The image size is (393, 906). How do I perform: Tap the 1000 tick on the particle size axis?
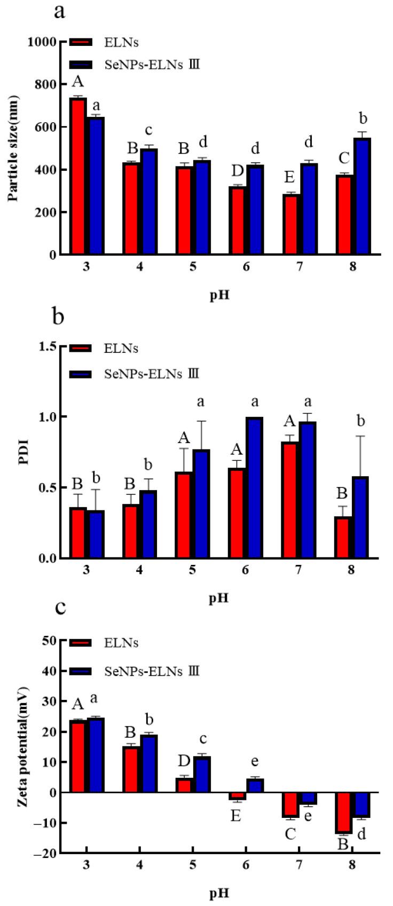45,42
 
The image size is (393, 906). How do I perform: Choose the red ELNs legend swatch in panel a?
81,43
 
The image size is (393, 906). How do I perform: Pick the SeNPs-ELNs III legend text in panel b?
152,373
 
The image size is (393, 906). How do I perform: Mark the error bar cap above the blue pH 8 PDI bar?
360,436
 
